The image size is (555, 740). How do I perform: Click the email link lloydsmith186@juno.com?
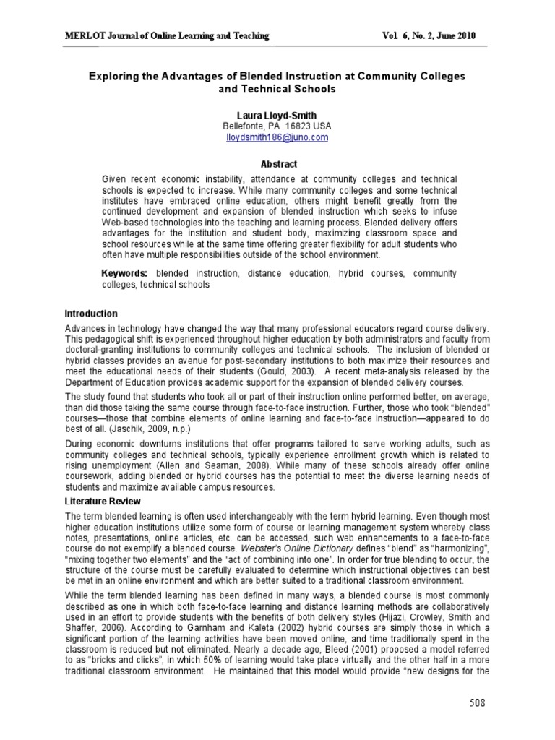277,137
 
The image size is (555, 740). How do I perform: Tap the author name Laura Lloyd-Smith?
277,115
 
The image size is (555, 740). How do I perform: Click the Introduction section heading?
91,314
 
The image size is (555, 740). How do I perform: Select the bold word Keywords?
125,274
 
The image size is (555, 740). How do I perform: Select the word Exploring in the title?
116,76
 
